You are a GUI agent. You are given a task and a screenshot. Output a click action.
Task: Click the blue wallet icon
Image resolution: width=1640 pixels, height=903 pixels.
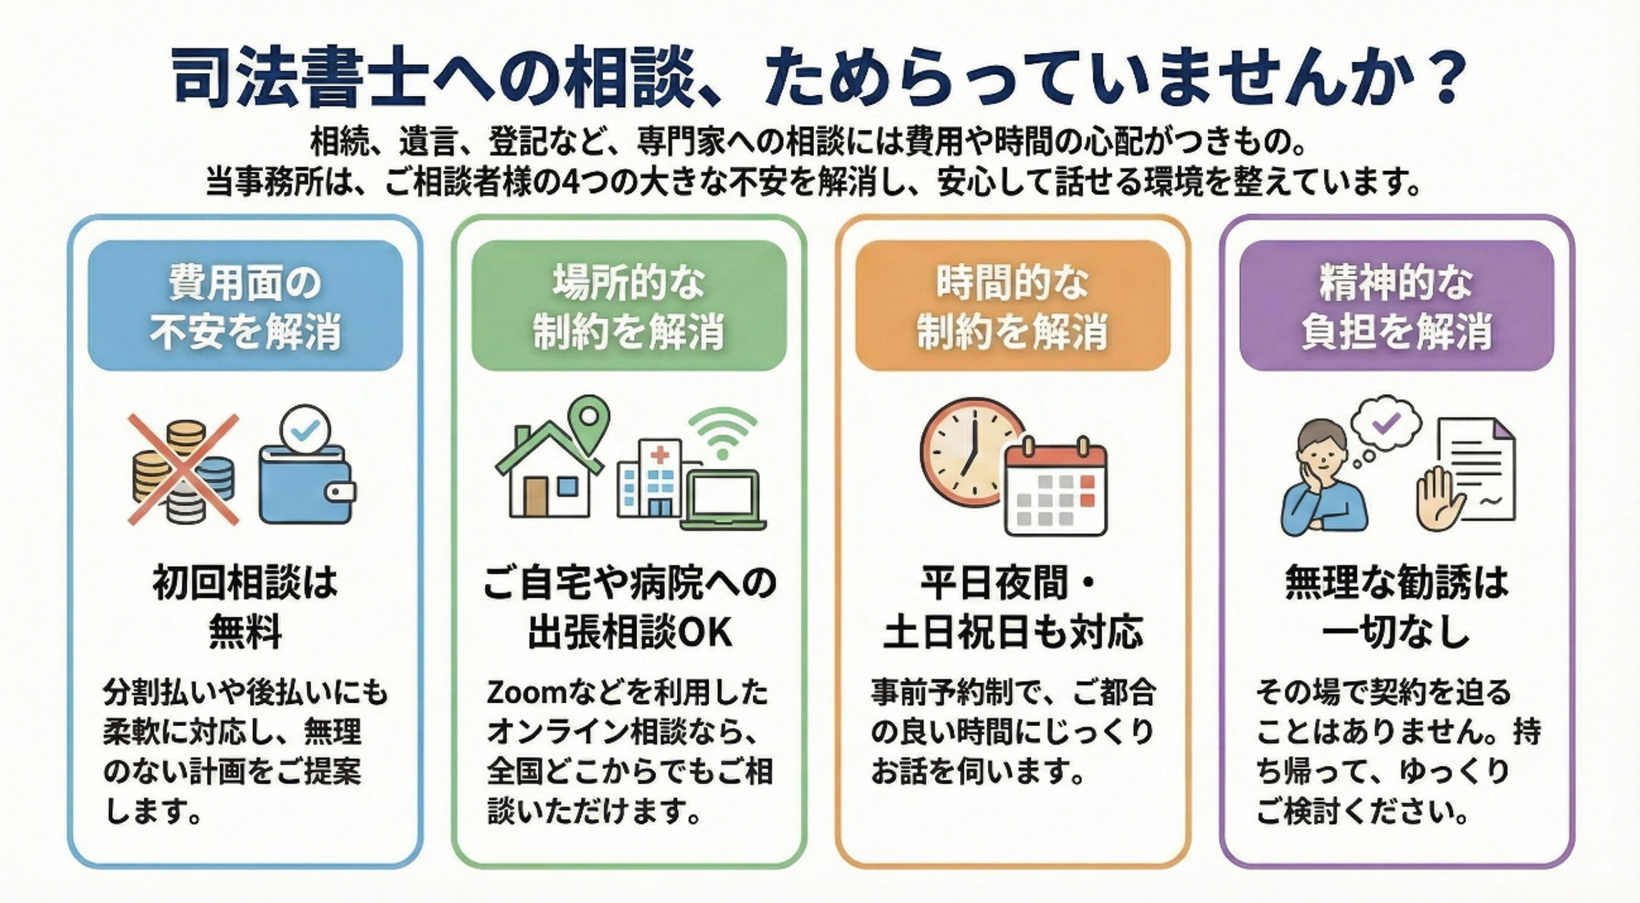coord(306,483)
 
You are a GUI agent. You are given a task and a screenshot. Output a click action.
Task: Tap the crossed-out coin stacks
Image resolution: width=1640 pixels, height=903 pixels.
coord(183,470)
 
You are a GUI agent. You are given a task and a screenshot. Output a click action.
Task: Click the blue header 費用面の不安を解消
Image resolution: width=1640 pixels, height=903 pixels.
coord(245,306)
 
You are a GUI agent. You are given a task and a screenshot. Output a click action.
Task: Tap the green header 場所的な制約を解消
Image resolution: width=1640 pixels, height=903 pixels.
coord(628,306)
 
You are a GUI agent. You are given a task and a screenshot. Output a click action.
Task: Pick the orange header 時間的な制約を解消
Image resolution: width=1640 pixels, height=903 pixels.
coord(1012,306)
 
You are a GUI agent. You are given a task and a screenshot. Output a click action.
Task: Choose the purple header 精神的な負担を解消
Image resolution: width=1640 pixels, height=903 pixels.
coord(1396,306)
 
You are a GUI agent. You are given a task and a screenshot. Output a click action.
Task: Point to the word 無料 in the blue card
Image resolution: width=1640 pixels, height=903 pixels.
coord(245,633)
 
